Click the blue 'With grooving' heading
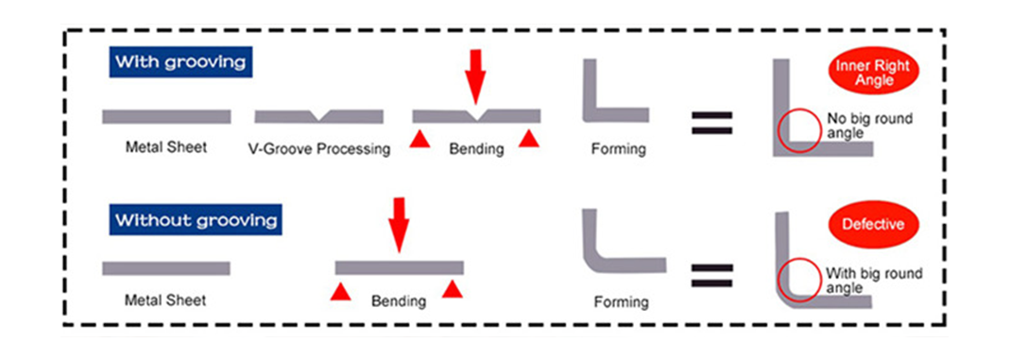point(180,63)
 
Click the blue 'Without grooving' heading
point(196,221)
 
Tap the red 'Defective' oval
point(875,226)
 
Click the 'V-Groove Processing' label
point(318,149)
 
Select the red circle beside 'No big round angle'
point(799,130)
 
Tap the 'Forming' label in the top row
point(618,149)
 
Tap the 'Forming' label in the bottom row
point(621,302)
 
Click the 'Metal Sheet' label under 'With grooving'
point(165,148)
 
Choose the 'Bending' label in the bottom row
point(398,301)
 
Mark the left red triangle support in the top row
point(418,139)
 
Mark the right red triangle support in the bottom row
point(454,288)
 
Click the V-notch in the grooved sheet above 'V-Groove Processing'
point(321,116)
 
